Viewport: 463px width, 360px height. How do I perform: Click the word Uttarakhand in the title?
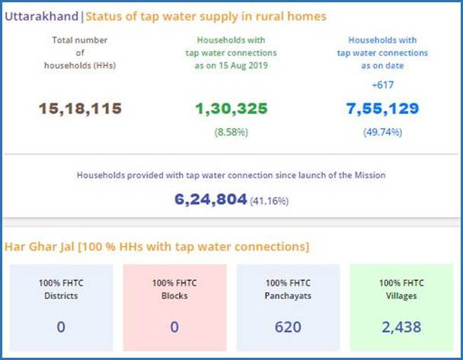(42, 15)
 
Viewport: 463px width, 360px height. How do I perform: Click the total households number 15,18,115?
(80, 108)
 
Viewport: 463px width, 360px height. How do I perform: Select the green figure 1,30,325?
(231, 108)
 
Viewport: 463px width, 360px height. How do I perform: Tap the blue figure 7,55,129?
(382, 108)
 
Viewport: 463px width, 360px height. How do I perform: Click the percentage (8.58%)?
(231, 132)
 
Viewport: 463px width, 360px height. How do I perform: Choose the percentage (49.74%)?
(382, 132)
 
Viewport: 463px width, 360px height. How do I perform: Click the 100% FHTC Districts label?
(61, 289)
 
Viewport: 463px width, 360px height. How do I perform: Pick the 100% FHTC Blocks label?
(174, 289)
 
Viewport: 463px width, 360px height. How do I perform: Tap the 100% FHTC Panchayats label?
(288, 289)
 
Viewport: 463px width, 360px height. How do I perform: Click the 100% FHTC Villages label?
(401, 289)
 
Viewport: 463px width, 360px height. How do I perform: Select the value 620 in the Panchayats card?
(288, 327)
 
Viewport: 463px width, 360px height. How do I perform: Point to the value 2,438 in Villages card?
(401, 327)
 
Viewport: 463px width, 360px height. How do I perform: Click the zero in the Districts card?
(61, 327)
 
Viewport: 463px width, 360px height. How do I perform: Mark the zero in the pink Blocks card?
(174, 327)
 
